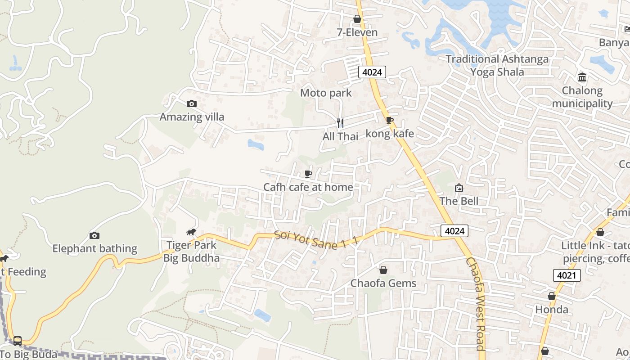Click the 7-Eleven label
[x=357, y=32]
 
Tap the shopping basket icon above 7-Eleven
[x=357, y=19]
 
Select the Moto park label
[x=326, y=93]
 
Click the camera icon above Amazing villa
[x=191, y=103]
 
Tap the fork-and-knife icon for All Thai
[x=340, y=123]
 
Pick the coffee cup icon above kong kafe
[x=389, y=120]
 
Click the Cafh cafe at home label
[x=308, y=187]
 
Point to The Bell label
[x=459, y=201]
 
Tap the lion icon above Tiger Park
[x=191, y=232]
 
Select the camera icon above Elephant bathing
[x=94, y=235]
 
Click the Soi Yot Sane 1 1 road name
[x=316, y=238]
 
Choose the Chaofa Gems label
[x=383, y=283]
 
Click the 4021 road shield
[x=567, y=275]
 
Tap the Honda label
[x=552, y=310]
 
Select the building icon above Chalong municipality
[x=582, y=77]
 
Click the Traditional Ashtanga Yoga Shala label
[x=497, y=65]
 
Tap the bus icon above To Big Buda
[x=18, y=341]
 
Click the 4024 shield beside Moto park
[x=372, y=72]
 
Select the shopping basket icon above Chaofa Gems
[x=383, y=270]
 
